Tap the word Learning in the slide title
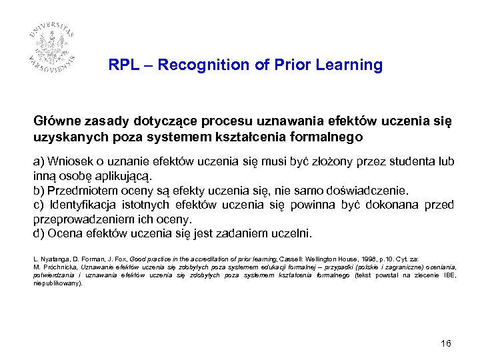pyautogui.click(x=352, y=65)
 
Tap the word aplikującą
pyautogui.click(x=121, y=177)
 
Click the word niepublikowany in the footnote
pyautogui.click(x=56, y=283)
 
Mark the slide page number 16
pyautogui.click(x=446, y=343)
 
